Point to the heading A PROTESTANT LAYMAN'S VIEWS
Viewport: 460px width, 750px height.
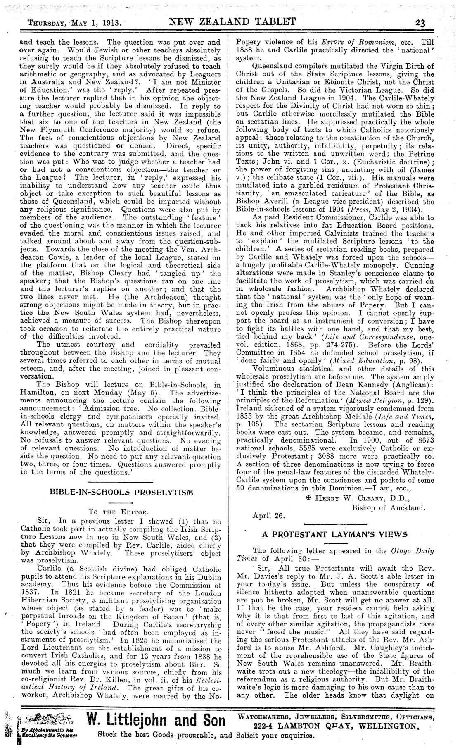point(335,534)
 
